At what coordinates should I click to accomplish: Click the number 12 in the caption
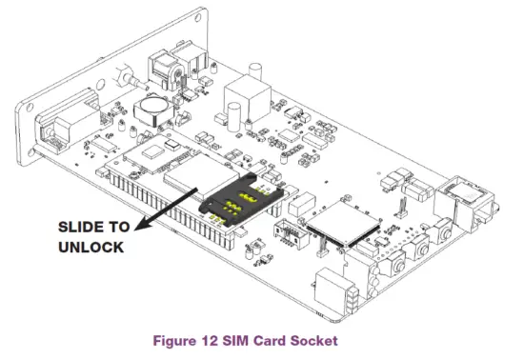pyautogui.click(x=220, y=338)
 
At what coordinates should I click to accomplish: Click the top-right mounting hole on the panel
pyautogui.click(x=178, y=19)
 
